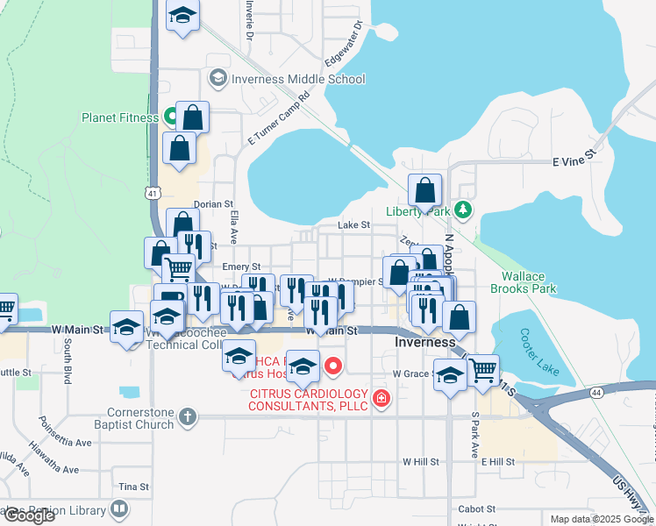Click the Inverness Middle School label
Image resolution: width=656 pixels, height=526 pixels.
(x=298, y=79)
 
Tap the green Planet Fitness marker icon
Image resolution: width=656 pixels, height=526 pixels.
(x=172, y=117)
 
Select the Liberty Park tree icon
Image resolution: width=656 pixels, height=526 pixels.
(x=463, y=210)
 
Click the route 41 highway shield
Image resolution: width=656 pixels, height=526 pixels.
(x=153, y=190)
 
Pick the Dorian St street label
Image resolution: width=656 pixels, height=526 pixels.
(x=212, y=203)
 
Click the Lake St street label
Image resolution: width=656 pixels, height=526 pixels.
(x=354, y=225)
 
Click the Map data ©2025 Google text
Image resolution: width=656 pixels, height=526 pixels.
(x=601, y=519)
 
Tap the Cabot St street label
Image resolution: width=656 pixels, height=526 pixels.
(x=477, y=508)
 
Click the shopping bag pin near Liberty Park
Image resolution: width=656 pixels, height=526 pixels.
(x=425, y=190)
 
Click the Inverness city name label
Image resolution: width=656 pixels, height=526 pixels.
(x=425, y=342)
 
